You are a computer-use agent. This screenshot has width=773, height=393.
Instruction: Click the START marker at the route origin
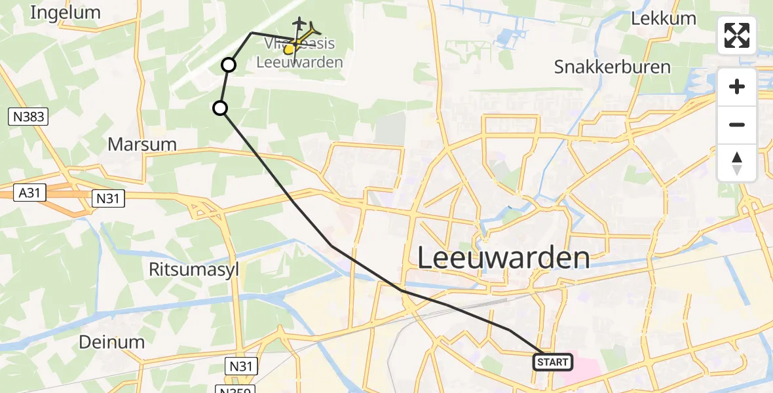click(554, 362)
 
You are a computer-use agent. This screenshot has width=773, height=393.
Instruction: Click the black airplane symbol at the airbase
click(300, 24)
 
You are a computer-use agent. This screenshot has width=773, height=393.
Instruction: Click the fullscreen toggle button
click(737, 35)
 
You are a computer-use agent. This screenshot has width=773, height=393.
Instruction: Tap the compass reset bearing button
click(737, 162)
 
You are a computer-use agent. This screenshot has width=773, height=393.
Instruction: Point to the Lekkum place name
click(663, 18)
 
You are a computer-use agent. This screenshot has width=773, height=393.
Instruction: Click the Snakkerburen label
click(612, 67)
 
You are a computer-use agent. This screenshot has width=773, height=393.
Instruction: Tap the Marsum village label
click(142, 144)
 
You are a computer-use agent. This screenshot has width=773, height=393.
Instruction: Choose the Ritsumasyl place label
click(193, 269)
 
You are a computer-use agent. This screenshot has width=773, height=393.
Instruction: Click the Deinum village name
click(111, 341)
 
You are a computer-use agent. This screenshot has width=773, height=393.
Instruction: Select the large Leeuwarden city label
click(503, 257)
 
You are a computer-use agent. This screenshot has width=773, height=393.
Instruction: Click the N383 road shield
click(28, 117)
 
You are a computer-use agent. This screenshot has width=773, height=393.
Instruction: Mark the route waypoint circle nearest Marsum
click(221, 108)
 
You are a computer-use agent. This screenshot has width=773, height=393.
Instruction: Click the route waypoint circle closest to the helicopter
click(229, 65)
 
